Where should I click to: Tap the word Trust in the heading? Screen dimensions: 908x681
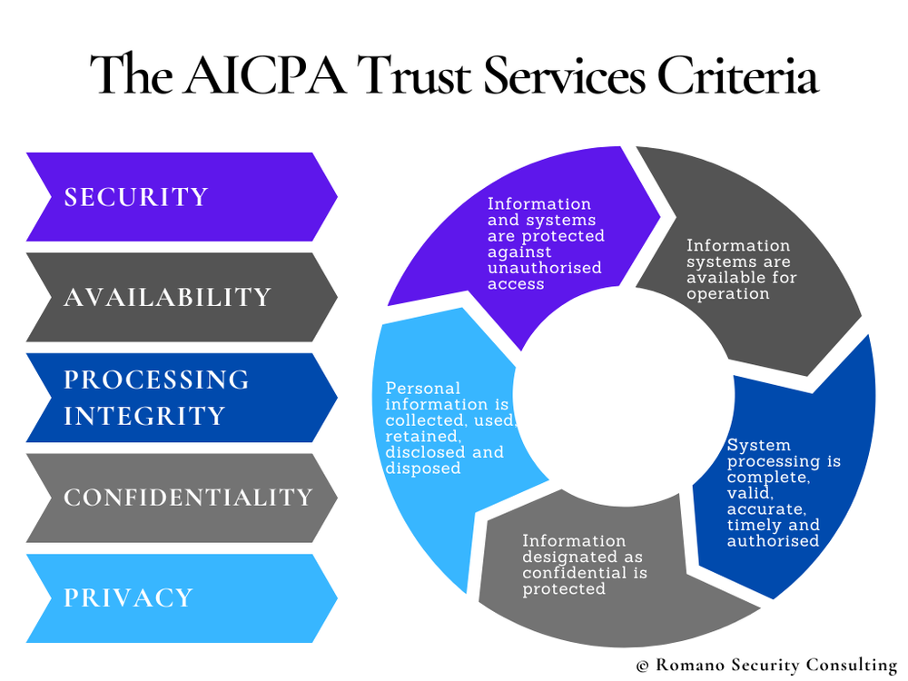point(417,74)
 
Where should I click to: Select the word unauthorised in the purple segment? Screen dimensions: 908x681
point(545,268)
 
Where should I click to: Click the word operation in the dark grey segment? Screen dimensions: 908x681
point(728,294)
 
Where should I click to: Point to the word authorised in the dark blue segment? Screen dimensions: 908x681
point(773,541)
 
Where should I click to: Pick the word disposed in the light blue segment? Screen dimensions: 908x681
point(423,469)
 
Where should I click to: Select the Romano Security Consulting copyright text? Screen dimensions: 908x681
point(767,666)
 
